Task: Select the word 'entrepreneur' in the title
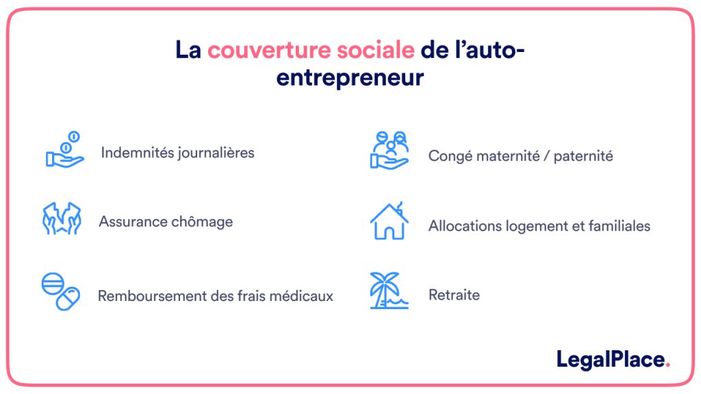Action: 350,77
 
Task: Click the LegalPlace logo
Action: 611,359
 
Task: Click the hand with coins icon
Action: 64,150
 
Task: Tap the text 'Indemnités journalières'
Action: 177,153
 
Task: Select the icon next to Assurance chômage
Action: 62,219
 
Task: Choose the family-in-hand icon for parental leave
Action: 389,150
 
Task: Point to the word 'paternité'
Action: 583,156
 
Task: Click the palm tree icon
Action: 388,291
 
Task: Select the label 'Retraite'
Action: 454,295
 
